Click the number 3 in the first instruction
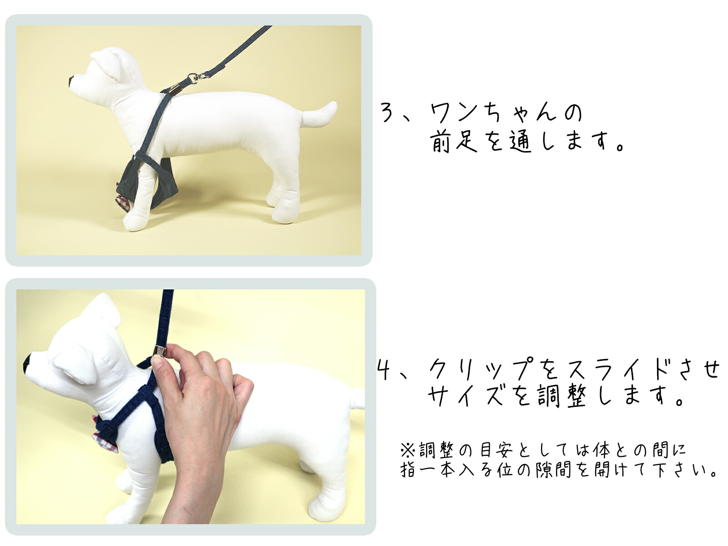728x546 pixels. [x=387, y=113]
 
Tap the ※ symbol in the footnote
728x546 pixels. [x=407, y=450]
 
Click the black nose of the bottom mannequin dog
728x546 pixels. [x=27, y=363]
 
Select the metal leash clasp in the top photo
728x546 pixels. [x=193, y=78]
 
